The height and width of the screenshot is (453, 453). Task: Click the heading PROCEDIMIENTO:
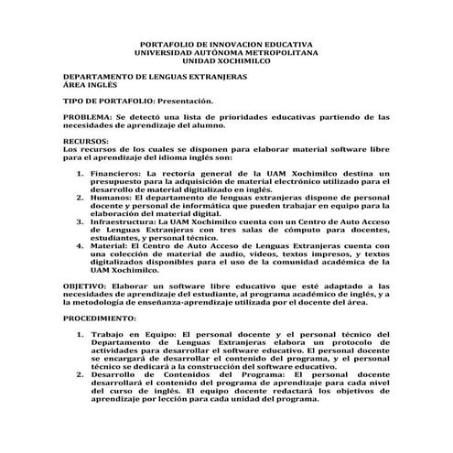coord(100,318)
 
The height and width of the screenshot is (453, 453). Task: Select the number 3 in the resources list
coord(81,221)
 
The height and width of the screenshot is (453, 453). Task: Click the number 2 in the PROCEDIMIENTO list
coord(81,375)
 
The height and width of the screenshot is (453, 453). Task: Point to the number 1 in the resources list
coord(81,172)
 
